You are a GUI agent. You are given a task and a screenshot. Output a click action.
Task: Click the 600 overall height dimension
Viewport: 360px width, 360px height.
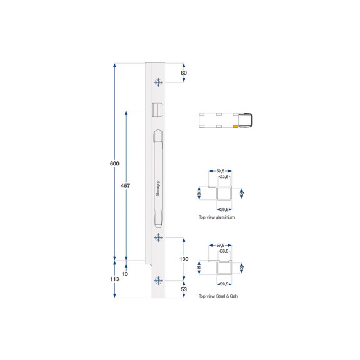coord(114,165)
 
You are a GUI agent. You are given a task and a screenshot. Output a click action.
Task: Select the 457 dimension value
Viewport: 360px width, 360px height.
coord(126,186)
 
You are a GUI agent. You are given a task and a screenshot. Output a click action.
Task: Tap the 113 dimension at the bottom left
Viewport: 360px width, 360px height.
coord(114,280)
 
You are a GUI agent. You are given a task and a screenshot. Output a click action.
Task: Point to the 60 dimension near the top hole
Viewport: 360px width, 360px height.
coord(184,73)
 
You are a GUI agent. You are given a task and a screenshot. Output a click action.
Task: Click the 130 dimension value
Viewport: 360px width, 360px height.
coord(184,259)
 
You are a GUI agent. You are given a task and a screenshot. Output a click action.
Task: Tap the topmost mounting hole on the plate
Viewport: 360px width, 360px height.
coord(159,82)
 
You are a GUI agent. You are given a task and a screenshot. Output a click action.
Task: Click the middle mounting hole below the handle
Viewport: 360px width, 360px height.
coord(159,239)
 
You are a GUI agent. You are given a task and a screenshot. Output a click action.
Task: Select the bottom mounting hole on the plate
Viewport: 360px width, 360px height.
coord(159,280)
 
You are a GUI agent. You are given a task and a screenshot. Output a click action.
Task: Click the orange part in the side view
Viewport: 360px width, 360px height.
coord(237,127)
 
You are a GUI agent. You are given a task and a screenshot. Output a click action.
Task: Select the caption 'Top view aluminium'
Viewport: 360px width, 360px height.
coord(217,218)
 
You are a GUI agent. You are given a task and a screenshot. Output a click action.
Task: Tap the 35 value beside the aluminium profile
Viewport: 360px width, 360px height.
coord(199,192)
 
